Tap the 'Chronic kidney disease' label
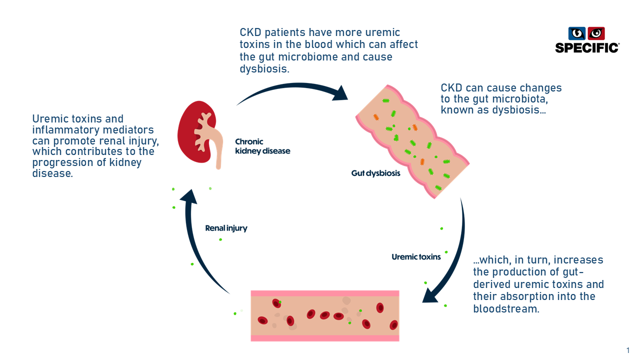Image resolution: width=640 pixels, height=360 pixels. pyautogui.click(x=262, y=146)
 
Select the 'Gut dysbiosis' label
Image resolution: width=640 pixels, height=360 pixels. pyautogui.click(x=375, y=174)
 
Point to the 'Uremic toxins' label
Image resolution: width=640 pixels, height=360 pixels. pyautogui.click(x=416, y=257)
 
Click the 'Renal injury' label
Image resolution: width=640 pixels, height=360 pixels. pyautogui.click(x=226, y=228)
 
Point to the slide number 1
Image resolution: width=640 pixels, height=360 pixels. pyautogui.click(x=628, y=350)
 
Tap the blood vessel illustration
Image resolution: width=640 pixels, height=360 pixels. pyautogui.click(x=325, y=316)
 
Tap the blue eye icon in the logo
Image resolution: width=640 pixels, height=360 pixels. pyautogui.click(x=577, y=33)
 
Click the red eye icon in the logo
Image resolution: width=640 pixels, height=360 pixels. pyautogui.click(x=596, y=33)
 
